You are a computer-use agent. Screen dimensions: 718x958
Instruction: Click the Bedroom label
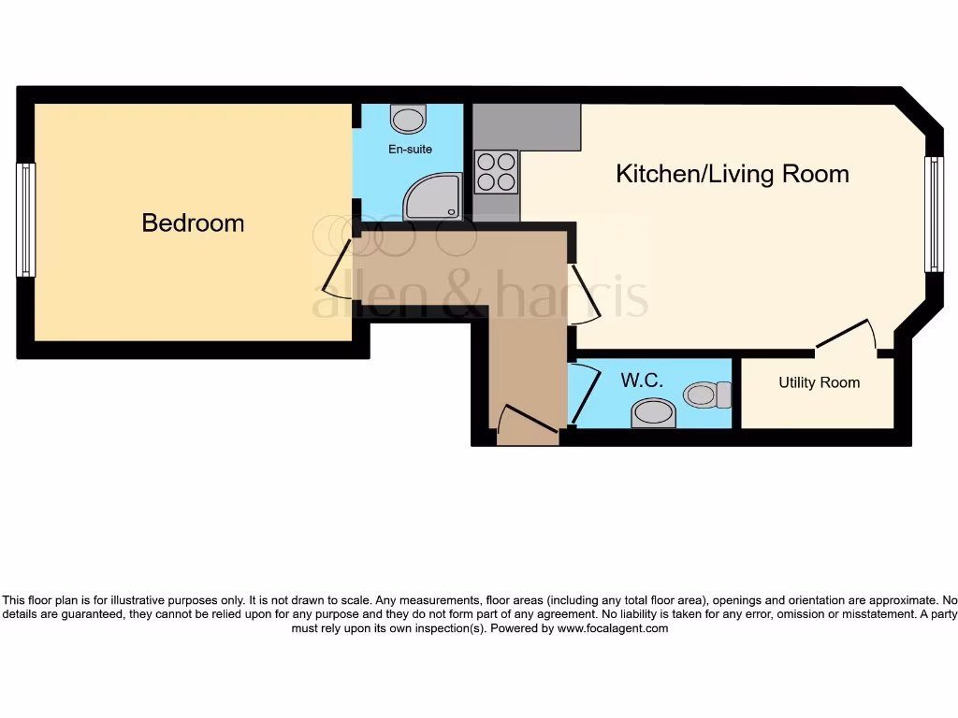(193, 223)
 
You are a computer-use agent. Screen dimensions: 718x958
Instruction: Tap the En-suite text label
(410, 149)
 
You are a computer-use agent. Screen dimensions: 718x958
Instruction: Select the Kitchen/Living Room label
(732, 174)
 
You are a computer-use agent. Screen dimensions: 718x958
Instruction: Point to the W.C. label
(642, 381)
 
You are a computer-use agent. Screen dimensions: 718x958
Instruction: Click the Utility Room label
(819, 382)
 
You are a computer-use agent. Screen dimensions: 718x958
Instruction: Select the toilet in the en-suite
(408, 119)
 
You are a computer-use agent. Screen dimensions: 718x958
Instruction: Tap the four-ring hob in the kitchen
(497, 171)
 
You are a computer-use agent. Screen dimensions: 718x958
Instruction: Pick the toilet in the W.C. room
(707, 395)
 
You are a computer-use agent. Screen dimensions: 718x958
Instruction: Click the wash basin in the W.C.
(653, 412)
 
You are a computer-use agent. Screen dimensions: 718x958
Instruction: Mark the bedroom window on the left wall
(26, 220)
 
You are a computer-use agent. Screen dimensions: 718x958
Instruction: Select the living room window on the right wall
(933, 214)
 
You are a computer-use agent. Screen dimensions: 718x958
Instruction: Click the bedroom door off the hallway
(337, 269)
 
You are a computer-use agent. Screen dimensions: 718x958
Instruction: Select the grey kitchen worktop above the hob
(527, 126)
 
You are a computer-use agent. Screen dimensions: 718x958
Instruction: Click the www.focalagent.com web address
(612, 629)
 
